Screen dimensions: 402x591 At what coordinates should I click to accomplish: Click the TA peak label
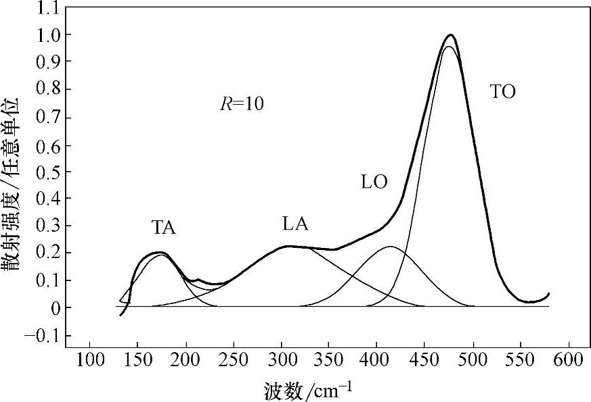[x=164, y=228]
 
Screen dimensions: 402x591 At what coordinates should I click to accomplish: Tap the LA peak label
[x=295, y=224]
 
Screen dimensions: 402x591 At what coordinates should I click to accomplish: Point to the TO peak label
[x=502, y=93]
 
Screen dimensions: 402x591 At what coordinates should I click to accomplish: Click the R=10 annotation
[x=241, y=104]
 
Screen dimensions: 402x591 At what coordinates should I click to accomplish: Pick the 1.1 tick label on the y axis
[x=49, y=7]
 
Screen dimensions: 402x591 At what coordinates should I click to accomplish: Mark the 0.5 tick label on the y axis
[x=49, y=172]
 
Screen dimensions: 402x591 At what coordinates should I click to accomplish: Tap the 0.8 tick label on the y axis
[x=49, y=89]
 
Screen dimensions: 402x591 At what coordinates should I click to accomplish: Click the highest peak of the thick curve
[x=450, y=34]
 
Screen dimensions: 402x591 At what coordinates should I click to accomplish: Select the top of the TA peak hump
[x=160, y=252]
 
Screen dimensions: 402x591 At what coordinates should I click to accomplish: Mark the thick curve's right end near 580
[x=548, y=294]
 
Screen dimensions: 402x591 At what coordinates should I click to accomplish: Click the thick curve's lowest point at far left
[x=121, y=315]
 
